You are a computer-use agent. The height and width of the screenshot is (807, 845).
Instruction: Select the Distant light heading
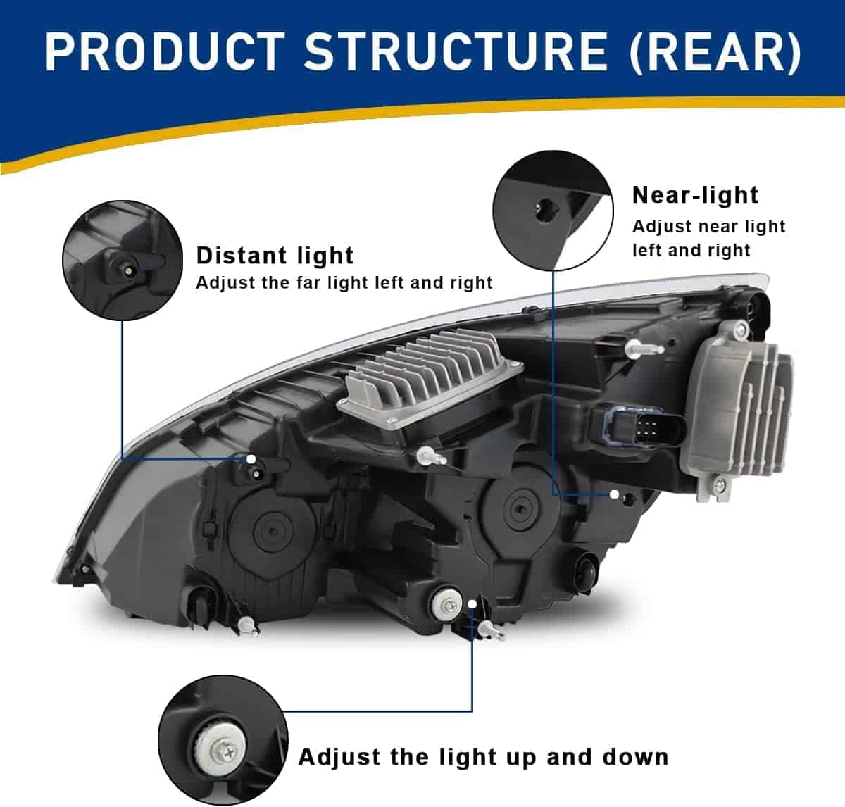click(x=275, y=255)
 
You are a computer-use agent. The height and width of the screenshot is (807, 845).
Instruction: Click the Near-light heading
click(x=695, y=194)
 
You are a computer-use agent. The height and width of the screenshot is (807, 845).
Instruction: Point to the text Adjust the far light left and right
click(x=344, y=283)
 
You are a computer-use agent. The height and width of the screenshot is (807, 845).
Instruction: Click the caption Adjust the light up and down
click(x=483, y=757)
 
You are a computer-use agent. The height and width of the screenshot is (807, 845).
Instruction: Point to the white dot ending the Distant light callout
click(x=251, y=459)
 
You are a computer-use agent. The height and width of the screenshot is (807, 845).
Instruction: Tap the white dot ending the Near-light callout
click(x=614, y=494)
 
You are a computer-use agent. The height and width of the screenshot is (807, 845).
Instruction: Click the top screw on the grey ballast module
click(x=740, y=328)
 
